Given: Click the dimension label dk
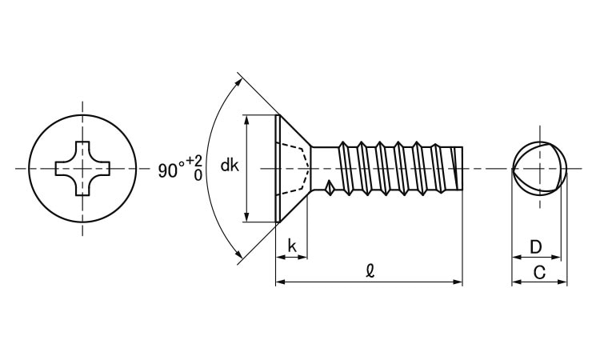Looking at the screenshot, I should point(230,166).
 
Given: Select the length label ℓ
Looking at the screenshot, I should point(369,271).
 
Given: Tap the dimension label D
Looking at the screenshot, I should point(537,246).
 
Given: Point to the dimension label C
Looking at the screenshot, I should point(539,272).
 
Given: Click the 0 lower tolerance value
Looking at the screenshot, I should point(197,175).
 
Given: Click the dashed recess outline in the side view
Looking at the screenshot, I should point(295,168).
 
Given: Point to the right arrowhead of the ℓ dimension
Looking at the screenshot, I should point(458,282).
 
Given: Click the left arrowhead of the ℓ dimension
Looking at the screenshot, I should point(280,282).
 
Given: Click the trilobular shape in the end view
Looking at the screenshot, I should point(538,168).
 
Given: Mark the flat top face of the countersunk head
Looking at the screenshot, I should point(276,168).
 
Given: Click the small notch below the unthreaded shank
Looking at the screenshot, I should point(330,189).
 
